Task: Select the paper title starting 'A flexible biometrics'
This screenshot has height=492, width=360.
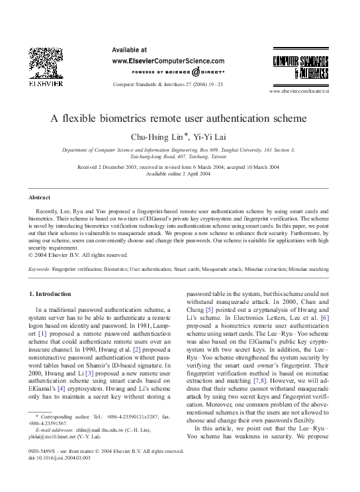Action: click(x=179, y=119)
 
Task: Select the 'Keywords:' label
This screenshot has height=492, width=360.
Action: click(x=40, y=270)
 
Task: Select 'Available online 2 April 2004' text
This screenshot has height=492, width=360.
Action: click(x=179, y=173)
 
